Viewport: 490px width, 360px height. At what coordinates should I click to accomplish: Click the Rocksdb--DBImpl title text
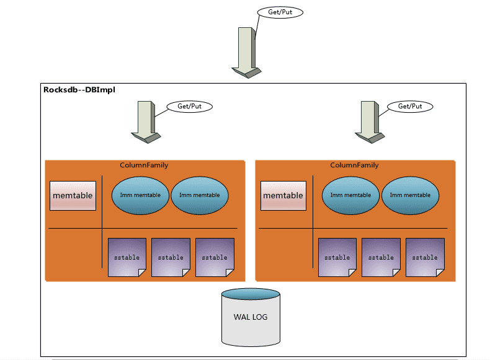point(79,90)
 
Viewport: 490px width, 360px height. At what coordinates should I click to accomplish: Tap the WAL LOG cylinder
point(251,317)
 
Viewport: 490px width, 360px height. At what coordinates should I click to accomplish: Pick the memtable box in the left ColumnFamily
point(73,196)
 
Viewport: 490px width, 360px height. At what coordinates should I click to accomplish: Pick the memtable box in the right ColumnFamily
point(283,196)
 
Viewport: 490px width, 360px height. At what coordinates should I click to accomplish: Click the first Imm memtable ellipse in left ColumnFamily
point(140,195)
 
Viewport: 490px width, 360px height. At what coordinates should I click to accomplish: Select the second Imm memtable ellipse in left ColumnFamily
point(199,195)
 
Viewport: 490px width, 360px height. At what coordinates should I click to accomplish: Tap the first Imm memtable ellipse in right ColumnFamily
point(350,195)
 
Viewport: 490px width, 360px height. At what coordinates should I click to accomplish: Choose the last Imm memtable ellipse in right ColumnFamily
point(409,195)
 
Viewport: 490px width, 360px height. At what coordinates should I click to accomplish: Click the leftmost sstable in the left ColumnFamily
point(127,257)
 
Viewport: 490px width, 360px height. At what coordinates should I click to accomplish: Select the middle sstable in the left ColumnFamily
point(171,257)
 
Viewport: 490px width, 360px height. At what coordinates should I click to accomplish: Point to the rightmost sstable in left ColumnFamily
point(215,257)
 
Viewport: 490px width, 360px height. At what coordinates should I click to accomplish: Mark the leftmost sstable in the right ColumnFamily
point(337,257)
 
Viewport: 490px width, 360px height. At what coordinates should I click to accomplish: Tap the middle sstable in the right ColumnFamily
point(381,257)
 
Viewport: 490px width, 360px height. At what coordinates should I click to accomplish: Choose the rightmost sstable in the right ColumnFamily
point(425,257)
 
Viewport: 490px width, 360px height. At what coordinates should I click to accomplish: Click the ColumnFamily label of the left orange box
point(144,165)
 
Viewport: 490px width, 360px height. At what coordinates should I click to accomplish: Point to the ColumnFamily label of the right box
point(354,165)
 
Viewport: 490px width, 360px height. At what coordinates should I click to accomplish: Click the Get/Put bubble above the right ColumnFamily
point(410,107)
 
